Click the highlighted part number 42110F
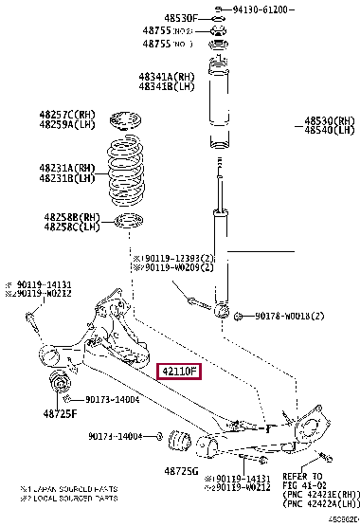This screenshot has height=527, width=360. pyautogui.click(x=180, y=371)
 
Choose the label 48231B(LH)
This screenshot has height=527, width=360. pyautogui.click(x=67, y=177)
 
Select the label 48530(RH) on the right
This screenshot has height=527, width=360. pyautogui.click(x=327, y=121)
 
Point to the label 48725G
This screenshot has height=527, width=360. pyautogui.click(x=181, y=470)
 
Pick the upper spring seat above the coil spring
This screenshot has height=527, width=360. pyautogui.click(x=124, y=123)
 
